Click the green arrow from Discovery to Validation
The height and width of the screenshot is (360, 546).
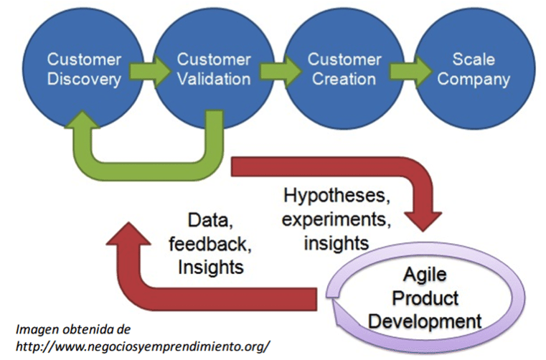tap(143, 70)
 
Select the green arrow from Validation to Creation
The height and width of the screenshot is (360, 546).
tap(272, 70)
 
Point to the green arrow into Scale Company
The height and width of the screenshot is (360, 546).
tap(404, 70)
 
